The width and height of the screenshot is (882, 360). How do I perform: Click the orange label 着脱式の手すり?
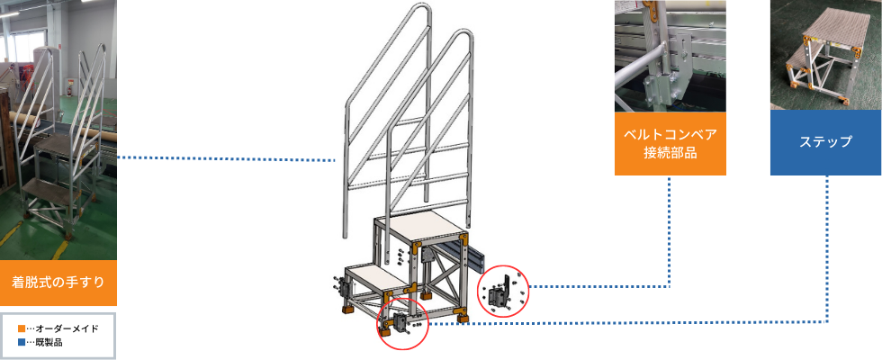pyautogui.click(x=58, y=283)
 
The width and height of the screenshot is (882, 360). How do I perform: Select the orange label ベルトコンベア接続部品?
pyautogui.click(x=670, y=143)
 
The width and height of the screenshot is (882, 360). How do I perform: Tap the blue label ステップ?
pyautogui.click(x=826, y=142)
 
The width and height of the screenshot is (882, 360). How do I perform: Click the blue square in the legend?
pyautogui.click(x=22, y=342)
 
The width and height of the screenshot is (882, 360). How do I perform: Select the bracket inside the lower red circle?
pyautogui.click(x=401, y=325)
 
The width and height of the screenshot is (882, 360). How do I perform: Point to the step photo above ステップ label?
pyautogui.click(x=826, y=55)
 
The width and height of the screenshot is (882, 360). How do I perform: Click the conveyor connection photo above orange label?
pyautogui.click(x=670, y=56)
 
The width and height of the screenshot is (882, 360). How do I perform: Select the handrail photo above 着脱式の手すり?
pyautogui.click(x=58, y=130)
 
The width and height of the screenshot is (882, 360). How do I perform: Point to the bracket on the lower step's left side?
pyautogui.click(x=342, y=288)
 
